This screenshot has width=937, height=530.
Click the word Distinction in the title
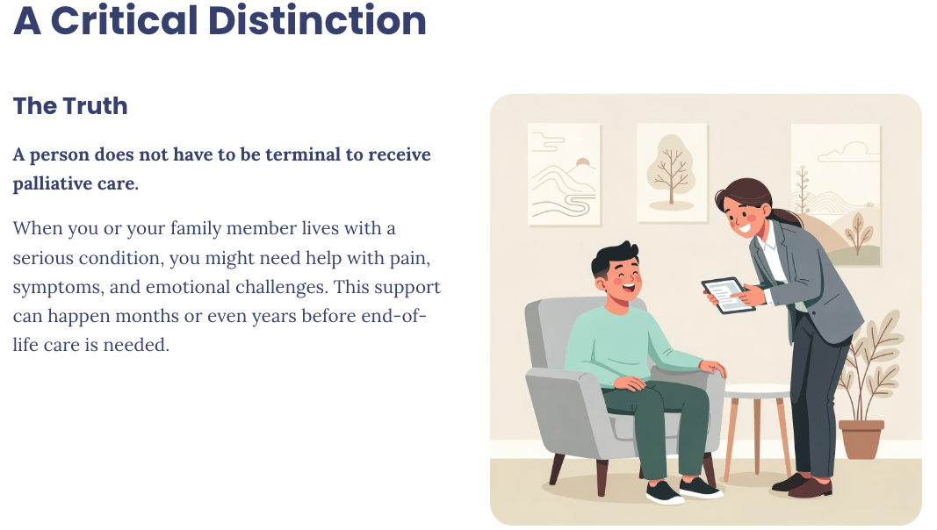coord(317,20)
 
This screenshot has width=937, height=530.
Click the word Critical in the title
coord(125,20)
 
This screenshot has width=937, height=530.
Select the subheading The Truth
coord(70,106)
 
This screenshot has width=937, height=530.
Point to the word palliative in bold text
coord(52,183)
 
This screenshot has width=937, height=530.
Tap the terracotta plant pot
coord(861,439)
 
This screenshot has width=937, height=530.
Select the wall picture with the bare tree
coord(672,173)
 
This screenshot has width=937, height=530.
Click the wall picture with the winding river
coord(564,175)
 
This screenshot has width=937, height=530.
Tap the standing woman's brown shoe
coord(810,488)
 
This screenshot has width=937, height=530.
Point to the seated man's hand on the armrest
coord(713,368)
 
